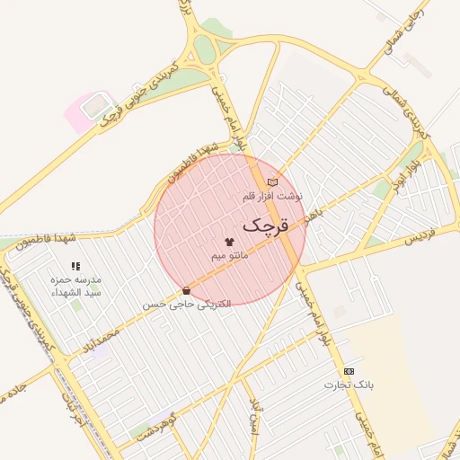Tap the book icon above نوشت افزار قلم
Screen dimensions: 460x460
tap(272, 182)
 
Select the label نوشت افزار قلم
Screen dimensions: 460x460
tap(273, 195)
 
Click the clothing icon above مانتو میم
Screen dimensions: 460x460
tap(228, 243)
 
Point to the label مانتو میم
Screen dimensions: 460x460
tap(229, 256)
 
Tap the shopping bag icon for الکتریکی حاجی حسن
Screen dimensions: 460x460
tap(186, 290)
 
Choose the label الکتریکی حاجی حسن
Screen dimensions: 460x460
tap(187, 304)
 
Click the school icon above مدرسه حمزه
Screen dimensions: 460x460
tap(75, 266)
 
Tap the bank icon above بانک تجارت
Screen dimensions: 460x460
tap(349, 371)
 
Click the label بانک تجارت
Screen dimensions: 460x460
tap(348, 385)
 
